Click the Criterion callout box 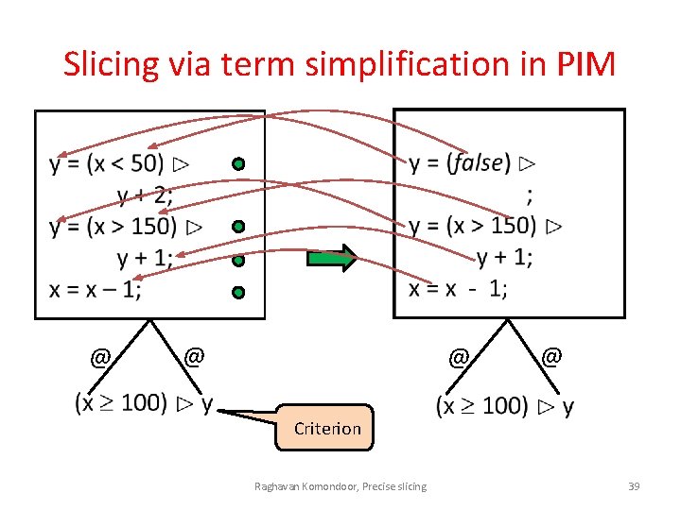point(327,428)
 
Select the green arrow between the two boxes point(331,258)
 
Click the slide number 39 point(634,486)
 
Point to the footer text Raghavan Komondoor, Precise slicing point(340,486)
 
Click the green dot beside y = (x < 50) point(239,164)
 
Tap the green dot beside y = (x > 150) point(239,227)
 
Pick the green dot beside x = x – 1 point(239,293)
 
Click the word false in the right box point(477,163)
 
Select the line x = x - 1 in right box point(458,289)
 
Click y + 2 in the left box point(144,195)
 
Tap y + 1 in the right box point(504,258)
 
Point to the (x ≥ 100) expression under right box point(481,406)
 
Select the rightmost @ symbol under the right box point(552,356)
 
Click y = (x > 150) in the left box point(113,227)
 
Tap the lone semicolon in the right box point(529,195)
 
